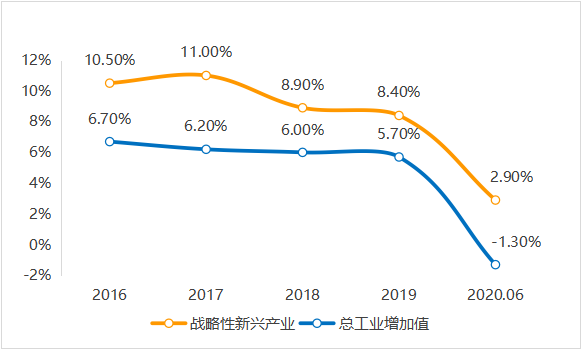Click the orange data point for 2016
coord(109,83)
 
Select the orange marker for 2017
coord(206,75)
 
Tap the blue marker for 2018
coord(302,152)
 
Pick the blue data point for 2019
coord(399,157)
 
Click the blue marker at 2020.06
coord(495,264)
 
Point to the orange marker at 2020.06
coord(495,200)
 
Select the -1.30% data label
coord(516,241)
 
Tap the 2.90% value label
coord(511,176)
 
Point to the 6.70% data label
coord(109,118)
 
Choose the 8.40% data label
coord(398,92)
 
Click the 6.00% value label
coord(302,129)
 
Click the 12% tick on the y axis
coord(37,60)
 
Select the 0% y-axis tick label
coord(40,244)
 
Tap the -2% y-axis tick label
coord(37,275)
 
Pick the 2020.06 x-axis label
coord(495,295)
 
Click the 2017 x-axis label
coord(206,295)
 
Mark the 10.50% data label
coord(109,60)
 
